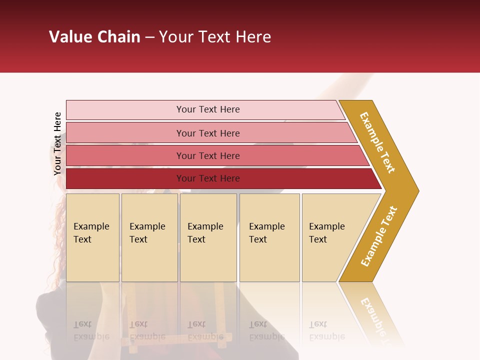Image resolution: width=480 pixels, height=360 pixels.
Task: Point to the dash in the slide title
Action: tap(149, 37)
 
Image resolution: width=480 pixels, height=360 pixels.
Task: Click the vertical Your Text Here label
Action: tap(57, 143)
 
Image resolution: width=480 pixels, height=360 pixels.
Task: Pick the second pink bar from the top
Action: tap(210, 133)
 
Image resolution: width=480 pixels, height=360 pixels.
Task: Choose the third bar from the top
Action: tap(215, 155)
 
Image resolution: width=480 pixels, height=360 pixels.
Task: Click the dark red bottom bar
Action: tap(220, 178)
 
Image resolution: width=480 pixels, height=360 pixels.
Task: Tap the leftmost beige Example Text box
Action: tap(92, 237)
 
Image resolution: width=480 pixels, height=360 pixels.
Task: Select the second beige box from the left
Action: tap(149, 237)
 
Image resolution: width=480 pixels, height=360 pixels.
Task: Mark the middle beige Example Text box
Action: tap(208, 237)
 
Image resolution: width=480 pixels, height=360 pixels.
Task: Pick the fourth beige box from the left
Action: tap(269, 237)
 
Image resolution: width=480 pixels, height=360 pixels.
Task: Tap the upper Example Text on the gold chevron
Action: tap(377, 142)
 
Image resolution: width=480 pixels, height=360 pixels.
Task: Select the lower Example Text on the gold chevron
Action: tap(378, 236)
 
